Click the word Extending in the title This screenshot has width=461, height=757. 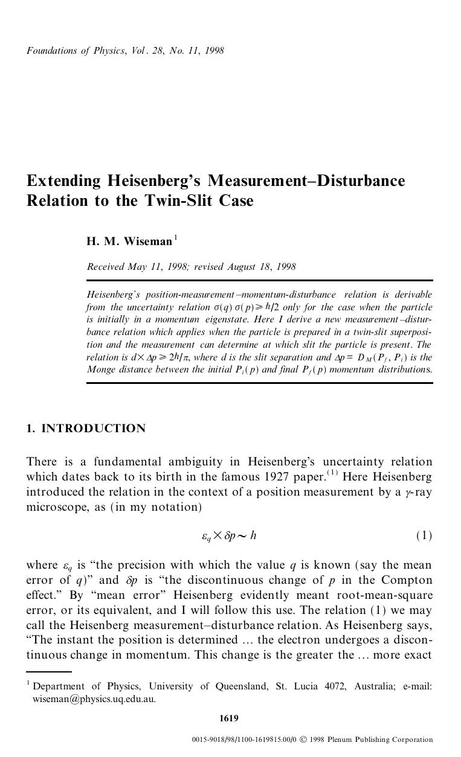point(63,181)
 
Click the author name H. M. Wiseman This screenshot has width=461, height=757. point(129,241)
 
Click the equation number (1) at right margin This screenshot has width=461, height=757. point(424,535)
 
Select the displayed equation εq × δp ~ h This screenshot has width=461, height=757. point(229,535)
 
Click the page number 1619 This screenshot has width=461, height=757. point(229,718)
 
